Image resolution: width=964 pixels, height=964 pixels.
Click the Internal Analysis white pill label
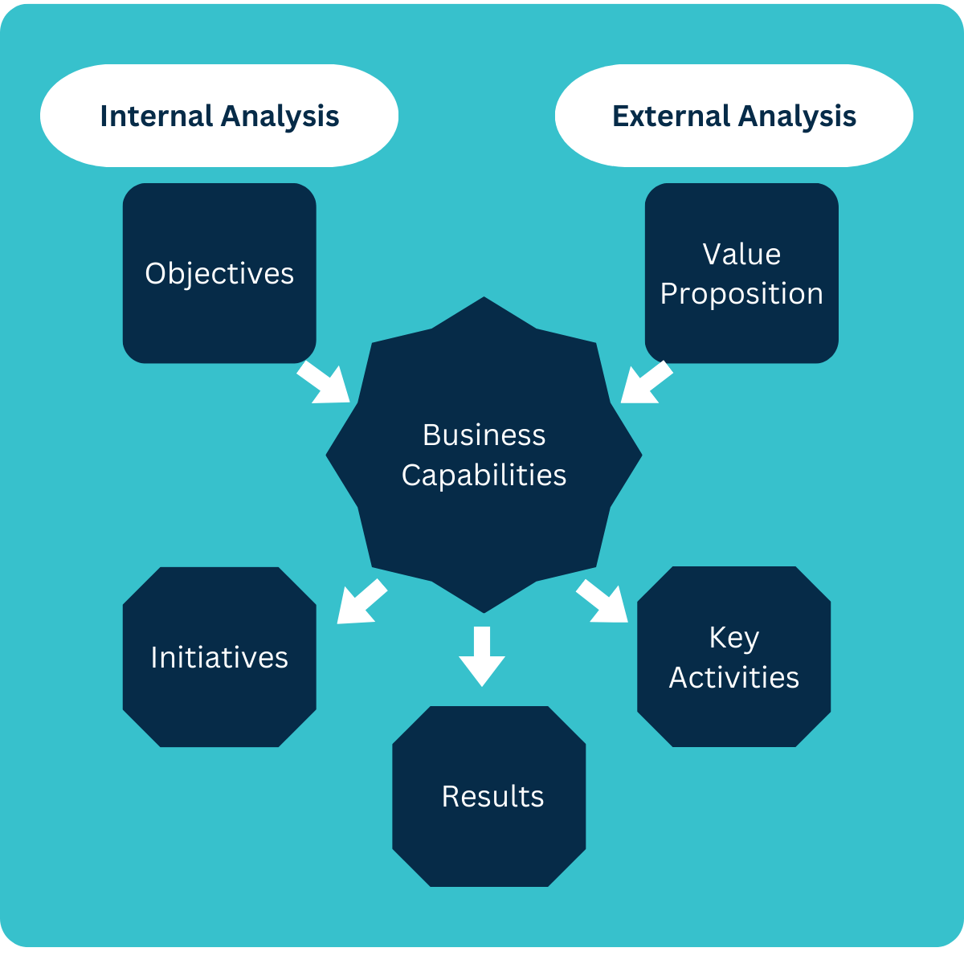[219, 116]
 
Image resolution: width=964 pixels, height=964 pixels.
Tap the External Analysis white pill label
[733, 116]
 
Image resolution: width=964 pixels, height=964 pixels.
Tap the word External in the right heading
[672, 116]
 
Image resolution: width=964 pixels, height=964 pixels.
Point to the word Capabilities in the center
[484, 476]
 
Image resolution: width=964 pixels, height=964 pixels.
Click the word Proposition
[741, 294]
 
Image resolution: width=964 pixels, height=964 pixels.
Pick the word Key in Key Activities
[733, 638]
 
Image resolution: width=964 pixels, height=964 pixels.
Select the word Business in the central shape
[484, 435]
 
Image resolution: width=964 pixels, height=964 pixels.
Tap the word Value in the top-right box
[741, 254]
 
